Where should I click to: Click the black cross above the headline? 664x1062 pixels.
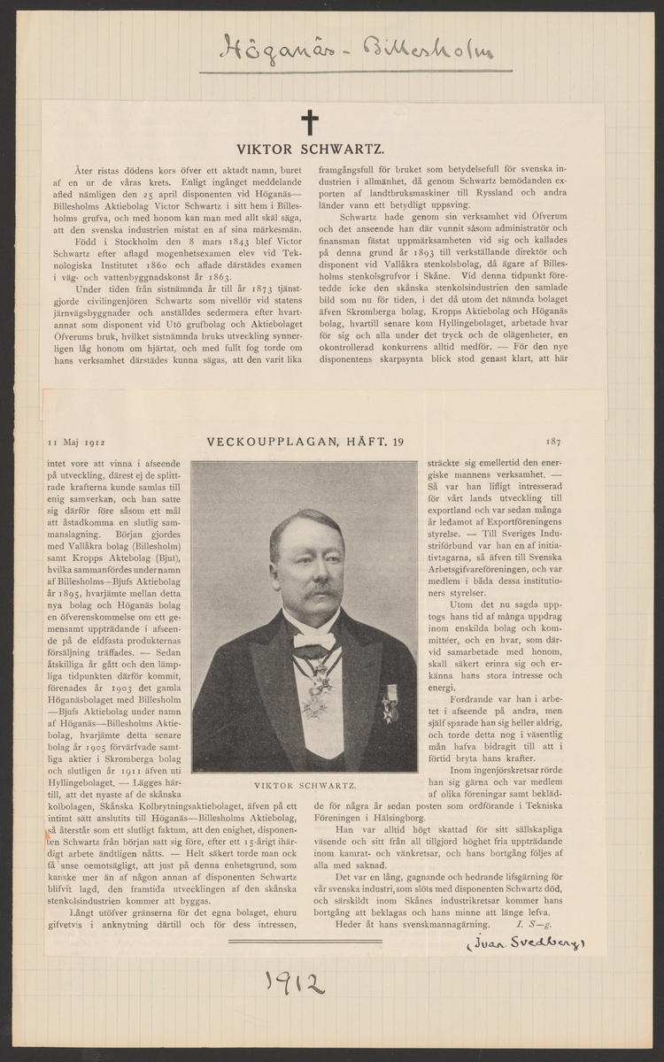click(309, 121)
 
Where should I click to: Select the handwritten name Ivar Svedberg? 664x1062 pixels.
click(525, 944)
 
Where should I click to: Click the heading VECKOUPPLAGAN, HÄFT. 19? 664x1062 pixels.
click(305, 440)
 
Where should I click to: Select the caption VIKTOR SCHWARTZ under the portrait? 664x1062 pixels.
click(305, 785)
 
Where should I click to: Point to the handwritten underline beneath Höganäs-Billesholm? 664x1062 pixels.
click(354, 72)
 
